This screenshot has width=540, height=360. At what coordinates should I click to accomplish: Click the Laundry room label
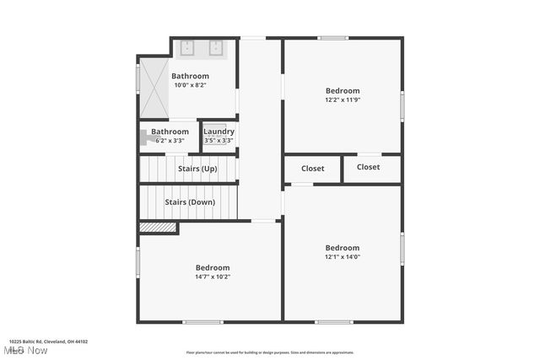(x=219, y=132)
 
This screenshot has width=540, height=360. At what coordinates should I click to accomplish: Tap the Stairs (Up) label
(x=197, y=169)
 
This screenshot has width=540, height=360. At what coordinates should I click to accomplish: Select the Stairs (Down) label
(x=190, y=202)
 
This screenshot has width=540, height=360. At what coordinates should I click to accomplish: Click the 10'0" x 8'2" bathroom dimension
(x=191, y=85)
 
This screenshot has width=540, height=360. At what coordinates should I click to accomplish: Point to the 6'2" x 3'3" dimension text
(x=170, y=141)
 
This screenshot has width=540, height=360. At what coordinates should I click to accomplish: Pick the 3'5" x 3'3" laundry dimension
(x=219, y=141)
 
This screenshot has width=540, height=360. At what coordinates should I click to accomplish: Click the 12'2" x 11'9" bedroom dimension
(x=343, y=100)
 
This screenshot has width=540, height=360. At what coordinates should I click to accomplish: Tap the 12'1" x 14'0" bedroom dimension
(x=343, y=257)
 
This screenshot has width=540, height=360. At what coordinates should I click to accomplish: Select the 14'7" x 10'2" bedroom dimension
(x=213, y=277)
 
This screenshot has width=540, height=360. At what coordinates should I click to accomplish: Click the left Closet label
(x=312, y=168)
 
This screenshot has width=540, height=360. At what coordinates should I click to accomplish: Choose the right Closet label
(x=369, y=167)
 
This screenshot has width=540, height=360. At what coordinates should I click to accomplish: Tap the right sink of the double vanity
(x=216, y=47)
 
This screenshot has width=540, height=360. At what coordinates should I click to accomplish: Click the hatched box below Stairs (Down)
(x=157, y=227)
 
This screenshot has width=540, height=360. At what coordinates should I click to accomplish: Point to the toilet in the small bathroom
(x=144, y=135)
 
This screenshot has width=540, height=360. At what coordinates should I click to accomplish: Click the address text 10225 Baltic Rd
(x=49, y=342)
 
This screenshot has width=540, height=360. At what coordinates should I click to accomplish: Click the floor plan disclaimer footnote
(x=270, y=352)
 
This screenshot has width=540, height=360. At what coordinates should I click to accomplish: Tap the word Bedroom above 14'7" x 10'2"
(x=213, y=267)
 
